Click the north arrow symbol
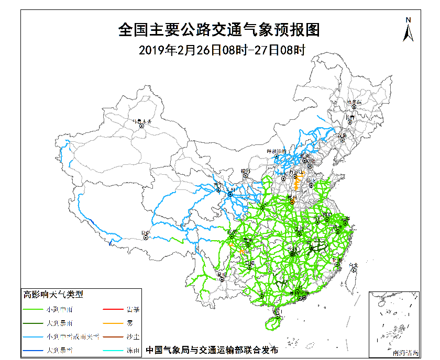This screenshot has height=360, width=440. click(408, 30)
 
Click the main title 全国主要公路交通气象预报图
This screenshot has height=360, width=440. click(219, 30)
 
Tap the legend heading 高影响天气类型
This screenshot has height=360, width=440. click(53, 295)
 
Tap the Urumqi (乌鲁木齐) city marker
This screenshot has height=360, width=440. click(140, 125)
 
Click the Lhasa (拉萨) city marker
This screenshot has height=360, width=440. click(146, 238)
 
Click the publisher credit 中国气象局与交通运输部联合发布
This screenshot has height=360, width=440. click(212, 350)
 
